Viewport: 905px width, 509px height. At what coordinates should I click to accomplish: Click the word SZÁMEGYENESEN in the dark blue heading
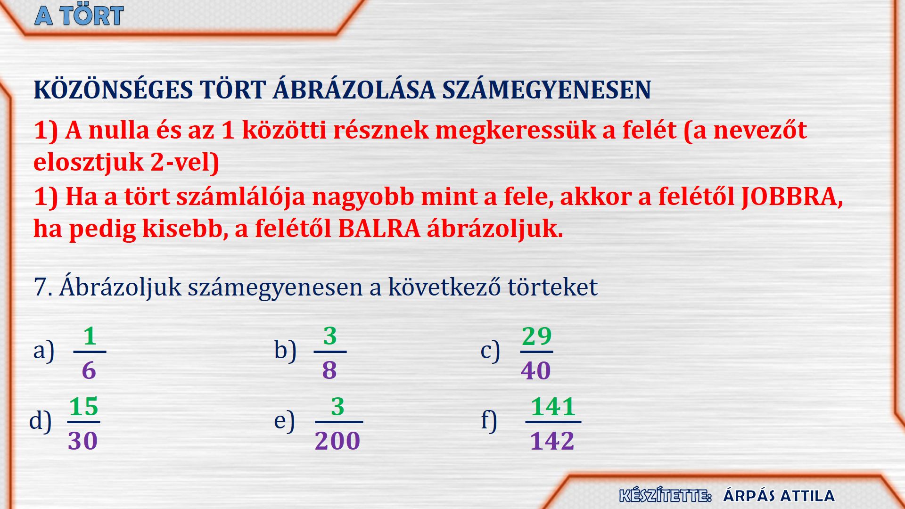(546, 90)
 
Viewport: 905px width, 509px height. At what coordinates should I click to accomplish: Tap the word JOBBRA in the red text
(792, 197)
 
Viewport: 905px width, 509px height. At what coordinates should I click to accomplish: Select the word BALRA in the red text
(379, 229)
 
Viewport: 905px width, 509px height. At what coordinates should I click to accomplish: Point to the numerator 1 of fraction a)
(90, 337)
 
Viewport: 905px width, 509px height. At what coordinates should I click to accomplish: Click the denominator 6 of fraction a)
(89, 370)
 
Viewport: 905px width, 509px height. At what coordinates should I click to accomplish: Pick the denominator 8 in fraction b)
(329, 370)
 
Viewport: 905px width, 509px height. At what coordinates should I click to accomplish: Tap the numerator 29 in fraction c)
(536, 337)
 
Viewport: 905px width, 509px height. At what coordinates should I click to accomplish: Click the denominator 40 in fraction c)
(536, 370)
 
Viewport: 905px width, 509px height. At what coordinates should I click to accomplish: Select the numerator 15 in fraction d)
(84, 407)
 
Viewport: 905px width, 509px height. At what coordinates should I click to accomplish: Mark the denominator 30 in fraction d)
(82, 441)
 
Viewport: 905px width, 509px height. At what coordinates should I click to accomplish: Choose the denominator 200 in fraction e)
(337, 441)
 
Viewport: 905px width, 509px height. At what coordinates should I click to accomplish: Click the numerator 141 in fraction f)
(553, 407)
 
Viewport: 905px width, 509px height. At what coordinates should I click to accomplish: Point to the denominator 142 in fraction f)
(552, 441)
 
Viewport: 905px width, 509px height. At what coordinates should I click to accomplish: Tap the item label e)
(284, 420)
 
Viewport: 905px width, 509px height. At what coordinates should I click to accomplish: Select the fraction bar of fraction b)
(330, 352)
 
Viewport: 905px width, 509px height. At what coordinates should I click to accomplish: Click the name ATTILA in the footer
(807, 496)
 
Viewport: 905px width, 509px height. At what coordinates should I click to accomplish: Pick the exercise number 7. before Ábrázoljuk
(43, 287)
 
